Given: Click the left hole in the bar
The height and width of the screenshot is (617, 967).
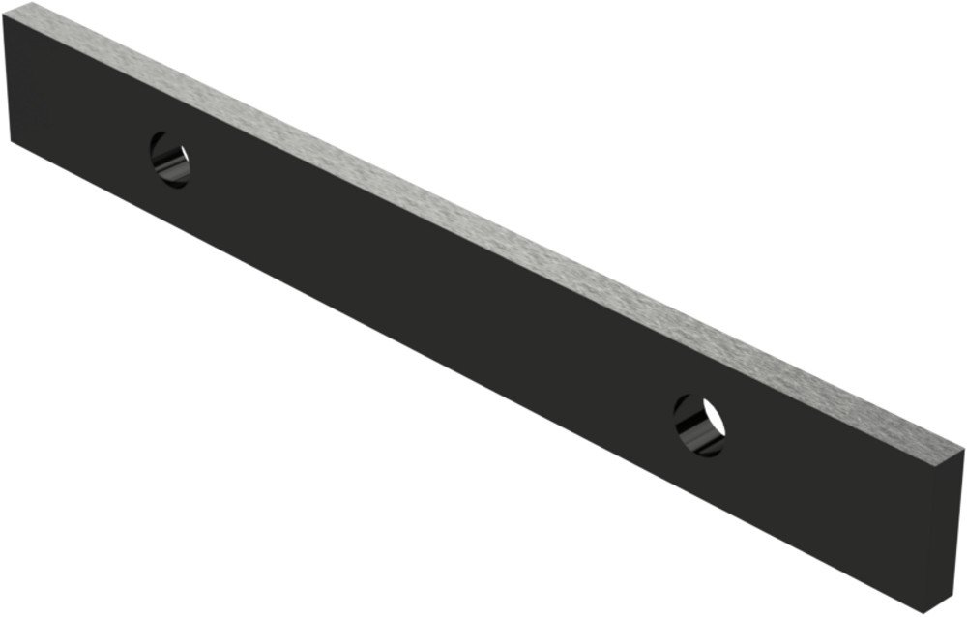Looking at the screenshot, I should pos(169,160).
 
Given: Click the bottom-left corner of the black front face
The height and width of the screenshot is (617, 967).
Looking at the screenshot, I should pos(11,141).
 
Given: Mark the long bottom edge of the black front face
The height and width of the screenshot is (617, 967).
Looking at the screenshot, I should pos(464,375).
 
